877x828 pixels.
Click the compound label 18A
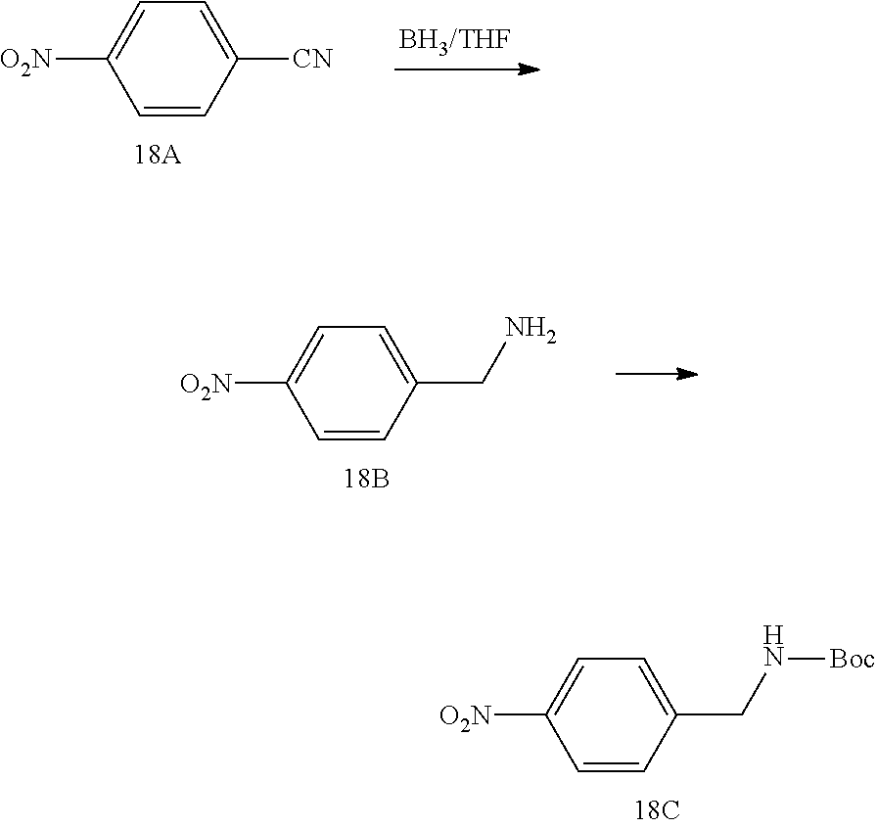tap(158, 156)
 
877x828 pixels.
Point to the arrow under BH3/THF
tap(467, 69)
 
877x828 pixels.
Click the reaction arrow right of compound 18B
tap(656, 374)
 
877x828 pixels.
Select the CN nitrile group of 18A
tap(312, 61)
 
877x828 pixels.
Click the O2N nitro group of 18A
tap(27, 61)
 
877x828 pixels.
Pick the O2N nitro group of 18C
tap(467, 718)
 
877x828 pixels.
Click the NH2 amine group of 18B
tap(530, 332)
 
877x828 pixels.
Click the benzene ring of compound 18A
tap(172, 61)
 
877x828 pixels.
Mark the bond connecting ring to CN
tap(263, 61)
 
